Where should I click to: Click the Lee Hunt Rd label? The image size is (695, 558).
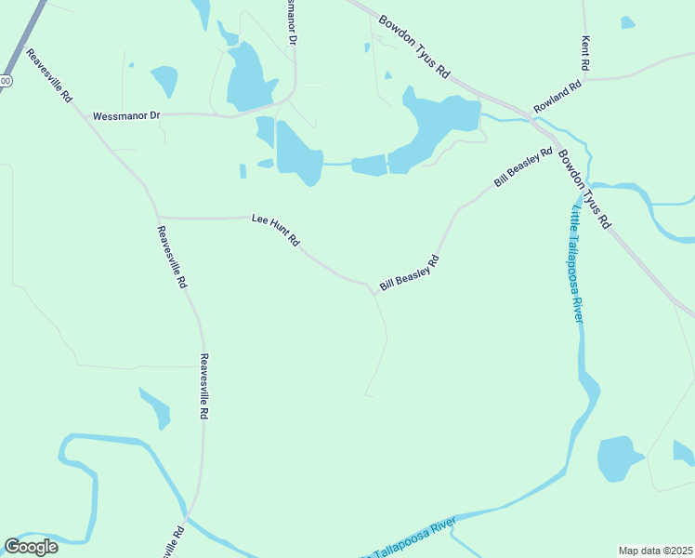tap(275, 230)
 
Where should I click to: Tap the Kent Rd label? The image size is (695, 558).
tap(585, 53)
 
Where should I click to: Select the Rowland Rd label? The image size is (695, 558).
tap(557, 98)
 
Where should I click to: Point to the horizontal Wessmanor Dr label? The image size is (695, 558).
tap(126, 116)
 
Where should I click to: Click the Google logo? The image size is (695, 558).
tap(31, 547)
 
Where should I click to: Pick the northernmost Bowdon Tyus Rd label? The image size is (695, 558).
tap(414, 45)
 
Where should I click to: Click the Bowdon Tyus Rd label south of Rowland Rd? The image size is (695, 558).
tap(584, 190)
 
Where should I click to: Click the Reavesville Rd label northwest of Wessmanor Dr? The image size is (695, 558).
tap(49, 75)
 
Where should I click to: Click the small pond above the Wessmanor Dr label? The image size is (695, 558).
tap(164, 81)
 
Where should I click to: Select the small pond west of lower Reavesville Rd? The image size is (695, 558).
tap(156, 407)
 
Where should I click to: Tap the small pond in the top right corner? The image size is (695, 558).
tap(628, 21)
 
